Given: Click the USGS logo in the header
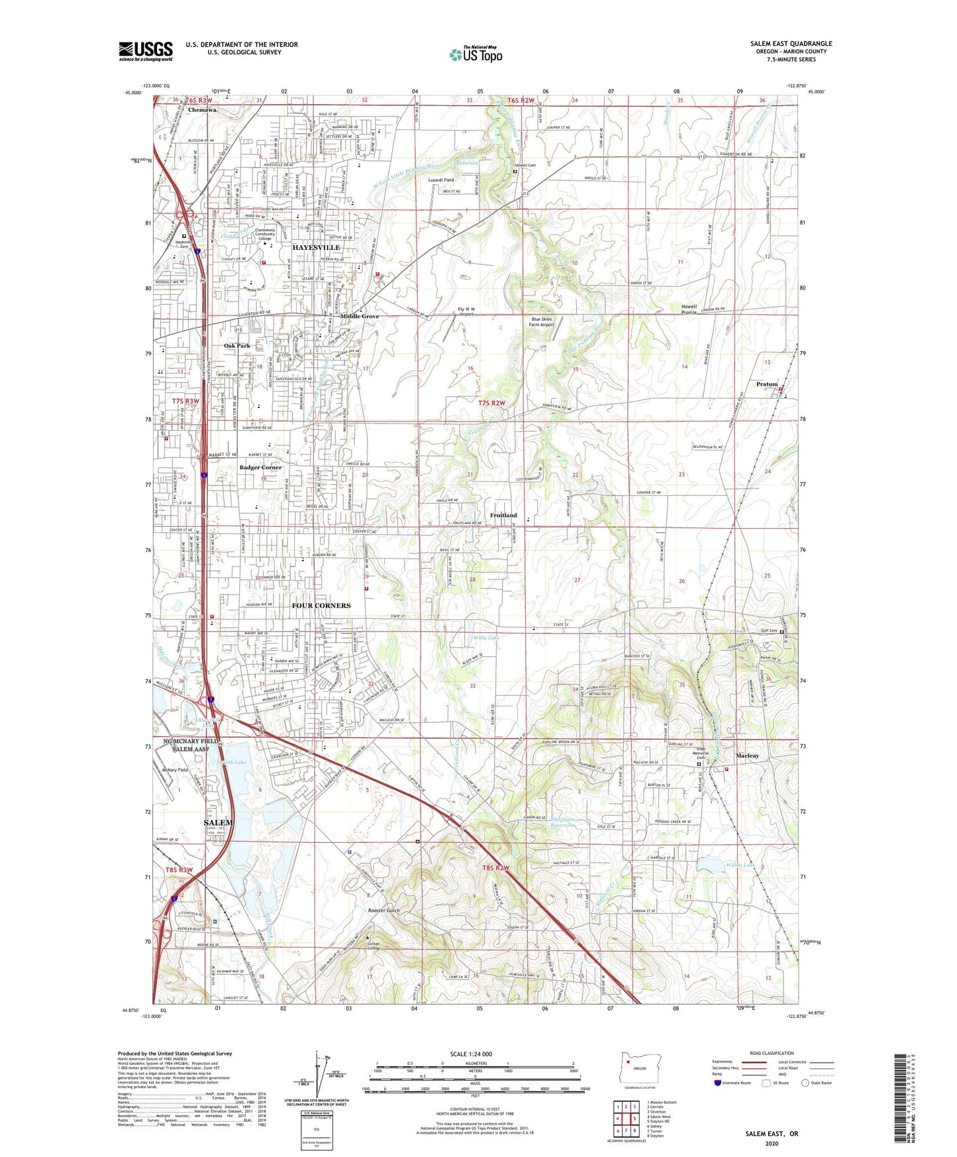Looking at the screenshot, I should (x=145, y=51).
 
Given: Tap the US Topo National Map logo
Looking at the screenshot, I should (x=476, y=54).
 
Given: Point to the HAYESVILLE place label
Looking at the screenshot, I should (x=316, y=247).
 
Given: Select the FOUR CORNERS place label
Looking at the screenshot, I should (x=321, y=605).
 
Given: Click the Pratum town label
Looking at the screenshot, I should (x=767, y=384).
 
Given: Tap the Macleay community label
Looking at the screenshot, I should (x=748, y=755).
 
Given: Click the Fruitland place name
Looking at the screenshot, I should (x=503, y=515).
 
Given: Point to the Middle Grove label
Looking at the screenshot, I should (x=360, y=316).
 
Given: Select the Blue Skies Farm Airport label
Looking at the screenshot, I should (x=542, y=322).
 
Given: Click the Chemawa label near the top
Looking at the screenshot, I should (x=202, y=109).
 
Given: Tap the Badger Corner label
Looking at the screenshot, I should (x=260, y=467).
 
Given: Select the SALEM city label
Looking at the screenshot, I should (x=218, y=822).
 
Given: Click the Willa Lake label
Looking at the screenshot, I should (x=487, y=637).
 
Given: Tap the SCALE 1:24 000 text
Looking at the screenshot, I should (x=471, y=1054).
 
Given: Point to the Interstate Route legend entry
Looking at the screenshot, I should (x=733, y=1083).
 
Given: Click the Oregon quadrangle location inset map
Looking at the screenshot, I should (x=639, y=1066).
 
